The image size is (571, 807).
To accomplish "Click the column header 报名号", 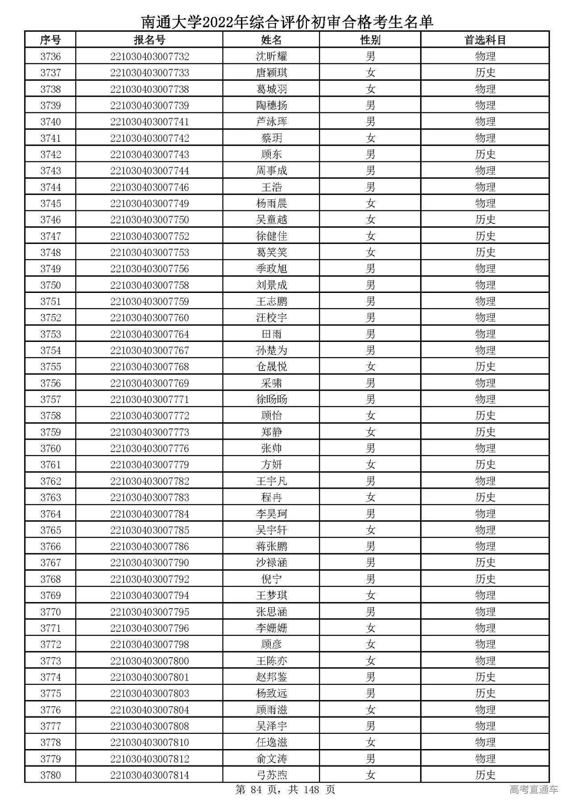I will pos(149,40).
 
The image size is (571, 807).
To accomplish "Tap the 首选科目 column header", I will pos(485,40).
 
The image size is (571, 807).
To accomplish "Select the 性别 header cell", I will pos(370,40).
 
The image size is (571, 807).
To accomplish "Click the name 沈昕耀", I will pos(271,57).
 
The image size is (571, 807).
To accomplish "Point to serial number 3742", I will pos(50,155).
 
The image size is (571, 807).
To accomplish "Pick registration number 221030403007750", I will pos(149,220).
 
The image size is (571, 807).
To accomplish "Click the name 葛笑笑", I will pos(271,253).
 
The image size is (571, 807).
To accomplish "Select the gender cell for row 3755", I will pos(370,367).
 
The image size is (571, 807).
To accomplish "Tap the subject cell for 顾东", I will pos(485,155).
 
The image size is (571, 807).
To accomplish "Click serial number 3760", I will pos(50,449).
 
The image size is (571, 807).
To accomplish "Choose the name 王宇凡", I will pos(271,481).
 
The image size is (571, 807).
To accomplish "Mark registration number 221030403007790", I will pos(149,563).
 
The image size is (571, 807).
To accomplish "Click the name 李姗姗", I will pos(271,628).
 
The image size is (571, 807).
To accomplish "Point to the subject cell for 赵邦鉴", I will pos(485,677).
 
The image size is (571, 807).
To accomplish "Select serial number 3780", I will pos(50,775).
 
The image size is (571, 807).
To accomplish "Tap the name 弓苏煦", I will pos(271,775).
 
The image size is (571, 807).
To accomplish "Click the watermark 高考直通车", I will pos(534,790).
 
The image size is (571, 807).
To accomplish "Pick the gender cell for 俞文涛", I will pos(370,759).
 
